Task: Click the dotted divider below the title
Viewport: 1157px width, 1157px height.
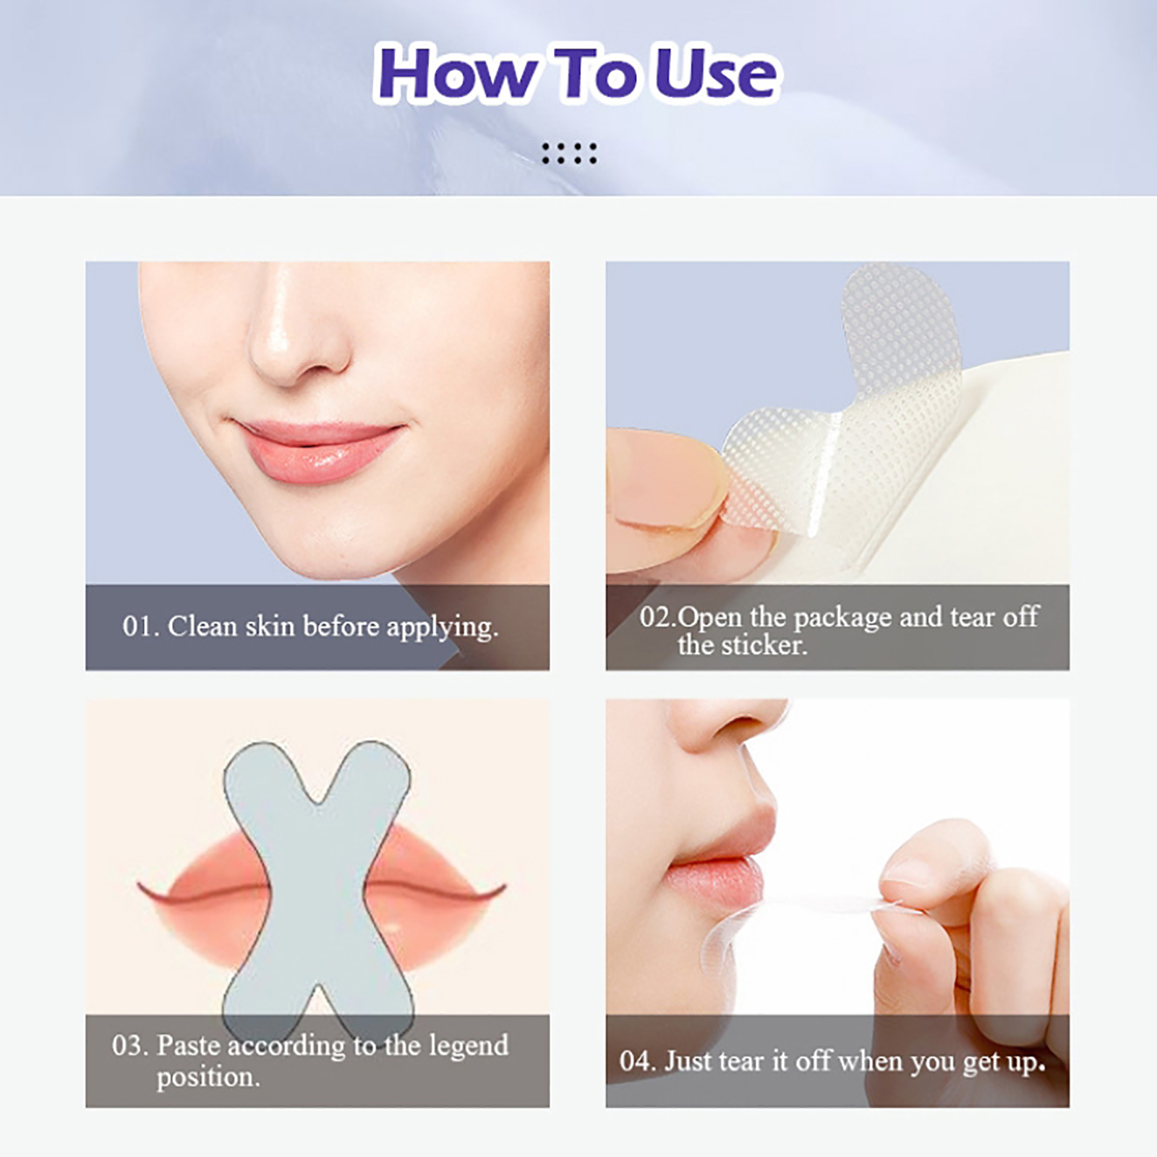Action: (x=570, y=153)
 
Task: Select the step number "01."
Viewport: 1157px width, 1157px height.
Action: (x=140, y=626)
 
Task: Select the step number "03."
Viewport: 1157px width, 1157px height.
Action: (x=130, y=1046)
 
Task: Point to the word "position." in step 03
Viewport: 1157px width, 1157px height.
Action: (x=208, y=1077)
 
